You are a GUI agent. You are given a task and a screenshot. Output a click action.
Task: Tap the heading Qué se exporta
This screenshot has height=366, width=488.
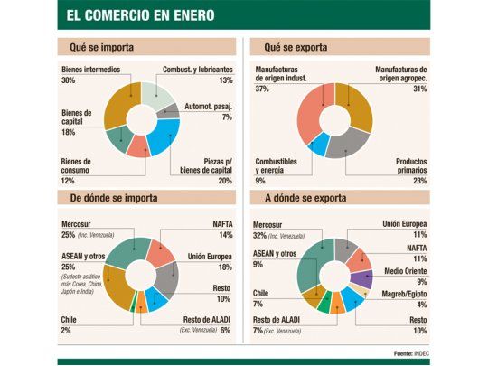[296, 46]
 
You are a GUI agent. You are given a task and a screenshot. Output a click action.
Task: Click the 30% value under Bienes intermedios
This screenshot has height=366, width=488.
[69, 81]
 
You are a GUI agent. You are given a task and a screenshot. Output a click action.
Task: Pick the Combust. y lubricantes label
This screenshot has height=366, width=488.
[197, 69]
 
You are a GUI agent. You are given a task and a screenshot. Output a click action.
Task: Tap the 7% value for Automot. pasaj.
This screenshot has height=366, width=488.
[227, 117]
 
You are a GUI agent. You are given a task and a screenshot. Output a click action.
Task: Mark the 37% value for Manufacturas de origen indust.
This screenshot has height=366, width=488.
[262, 89]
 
